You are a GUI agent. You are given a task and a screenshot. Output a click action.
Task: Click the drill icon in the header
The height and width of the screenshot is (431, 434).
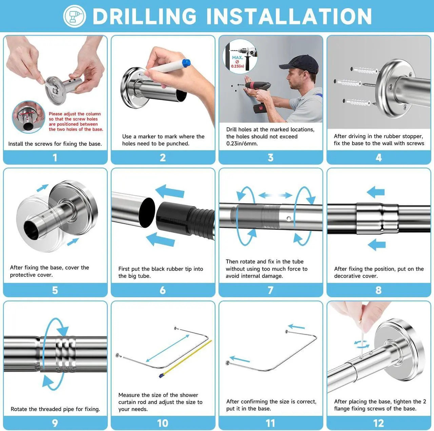coord(75,16)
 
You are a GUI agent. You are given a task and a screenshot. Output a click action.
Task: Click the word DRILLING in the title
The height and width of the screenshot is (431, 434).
coord(144,16)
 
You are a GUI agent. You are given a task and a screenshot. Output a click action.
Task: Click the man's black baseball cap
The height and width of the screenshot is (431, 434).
coord(299,64)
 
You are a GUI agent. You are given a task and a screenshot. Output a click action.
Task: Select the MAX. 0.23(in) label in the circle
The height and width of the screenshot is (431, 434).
coord(238,62)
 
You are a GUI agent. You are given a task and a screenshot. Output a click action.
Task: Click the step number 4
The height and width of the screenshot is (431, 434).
coord(379,158)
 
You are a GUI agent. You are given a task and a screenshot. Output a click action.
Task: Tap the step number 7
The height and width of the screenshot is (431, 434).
coord(271,290)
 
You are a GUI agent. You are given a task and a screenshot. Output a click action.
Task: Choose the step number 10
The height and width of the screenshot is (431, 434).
coord(163,423)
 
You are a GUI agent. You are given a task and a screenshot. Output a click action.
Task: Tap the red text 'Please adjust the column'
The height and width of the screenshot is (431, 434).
coord(75,114)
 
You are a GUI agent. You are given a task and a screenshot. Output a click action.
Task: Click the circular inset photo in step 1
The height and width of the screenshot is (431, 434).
coord(28,117)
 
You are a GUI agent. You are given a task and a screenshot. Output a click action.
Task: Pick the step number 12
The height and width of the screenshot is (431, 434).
coord(378,423)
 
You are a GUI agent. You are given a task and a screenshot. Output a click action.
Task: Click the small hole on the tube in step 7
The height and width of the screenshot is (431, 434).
coord(289,218)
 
